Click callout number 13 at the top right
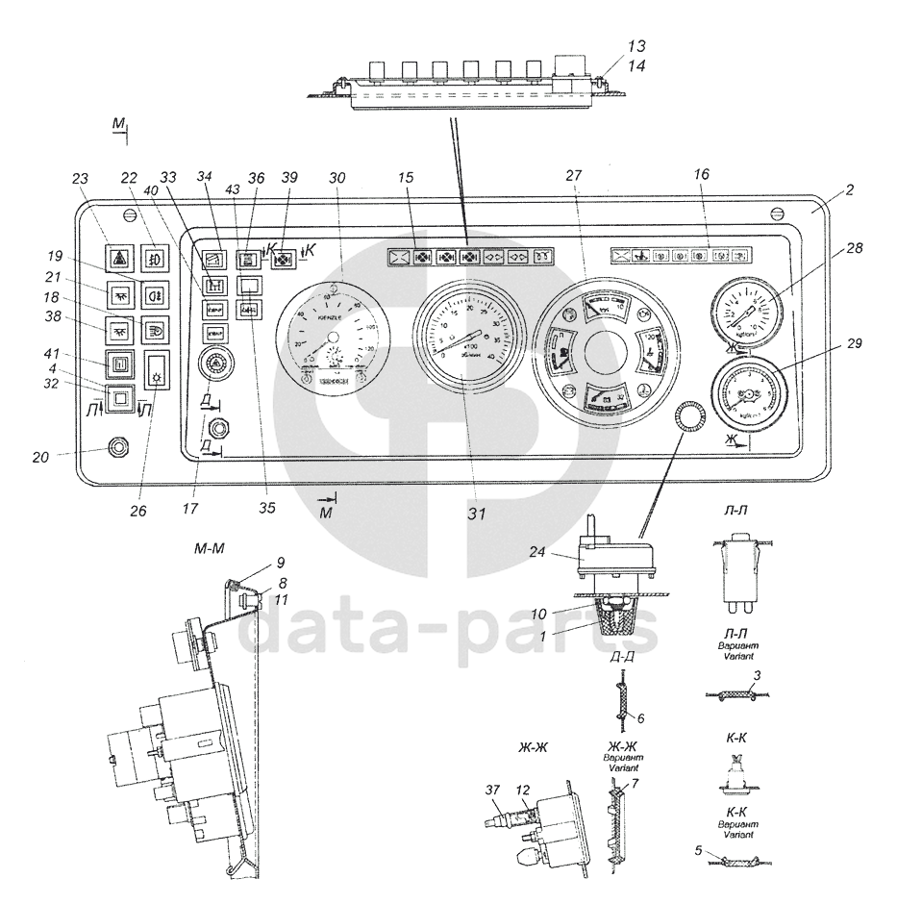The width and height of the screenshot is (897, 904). tap(636, 46)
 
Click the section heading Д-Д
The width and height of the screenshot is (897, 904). tap(621, 658)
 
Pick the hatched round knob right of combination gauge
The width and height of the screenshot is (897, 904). tap(688, 416)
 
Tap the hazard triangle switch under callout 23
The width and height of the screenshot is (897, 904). tap(121, 259)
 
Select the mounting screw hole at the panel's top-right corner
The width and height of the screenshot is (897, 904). tap(779, 213)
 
